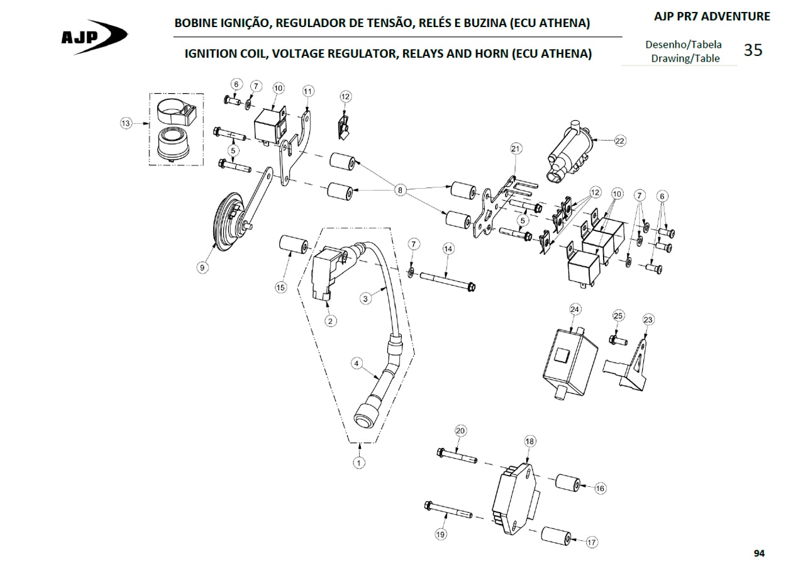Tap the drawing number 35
point(753,50)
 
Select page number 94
point(759,554)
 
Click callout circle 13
point(126,123)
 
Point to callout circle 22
point(620,140)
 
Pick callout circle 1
point(359,463)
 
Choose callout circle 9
point(202,267)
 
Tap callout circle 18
point(530,441)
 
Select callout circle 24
point(575,309)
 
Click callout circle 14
point(448,248)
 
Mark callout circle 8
point(400,190)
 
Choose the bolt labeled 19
point(448,510)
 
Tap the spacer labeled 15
point(293,244)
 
